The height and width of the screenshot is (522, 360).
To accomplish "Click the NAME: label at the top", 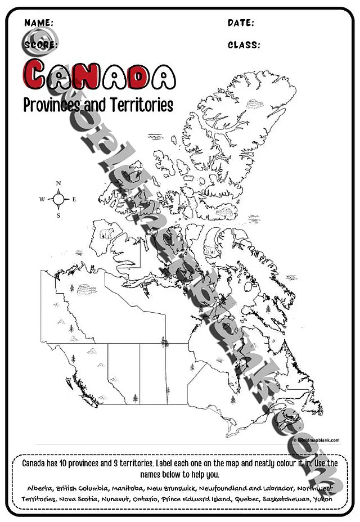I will (x=39, y=23).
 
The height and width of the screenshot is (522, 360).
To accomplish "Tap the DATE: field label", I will (x=241, y=23).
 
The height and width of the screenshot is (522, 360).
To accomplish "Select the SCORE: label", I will (x=40, y=45).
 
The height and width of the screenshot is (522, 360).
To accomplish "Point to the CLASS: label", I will (x=244, y=45).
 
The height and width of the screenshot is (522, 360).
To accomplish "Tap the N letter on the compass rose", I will (x=58, y=183).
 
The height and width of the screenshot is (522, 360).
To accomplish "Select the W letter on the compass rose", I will (x=42, y=199).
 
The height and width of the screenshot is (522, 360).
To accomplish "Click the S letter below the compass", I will (x=58, y=215).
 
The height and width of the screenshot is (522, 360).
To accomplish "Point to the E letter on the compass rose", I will (x=74, y=199).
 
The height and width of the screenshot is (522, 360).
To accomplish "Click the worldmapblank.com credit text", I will (x=317, y=440).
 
